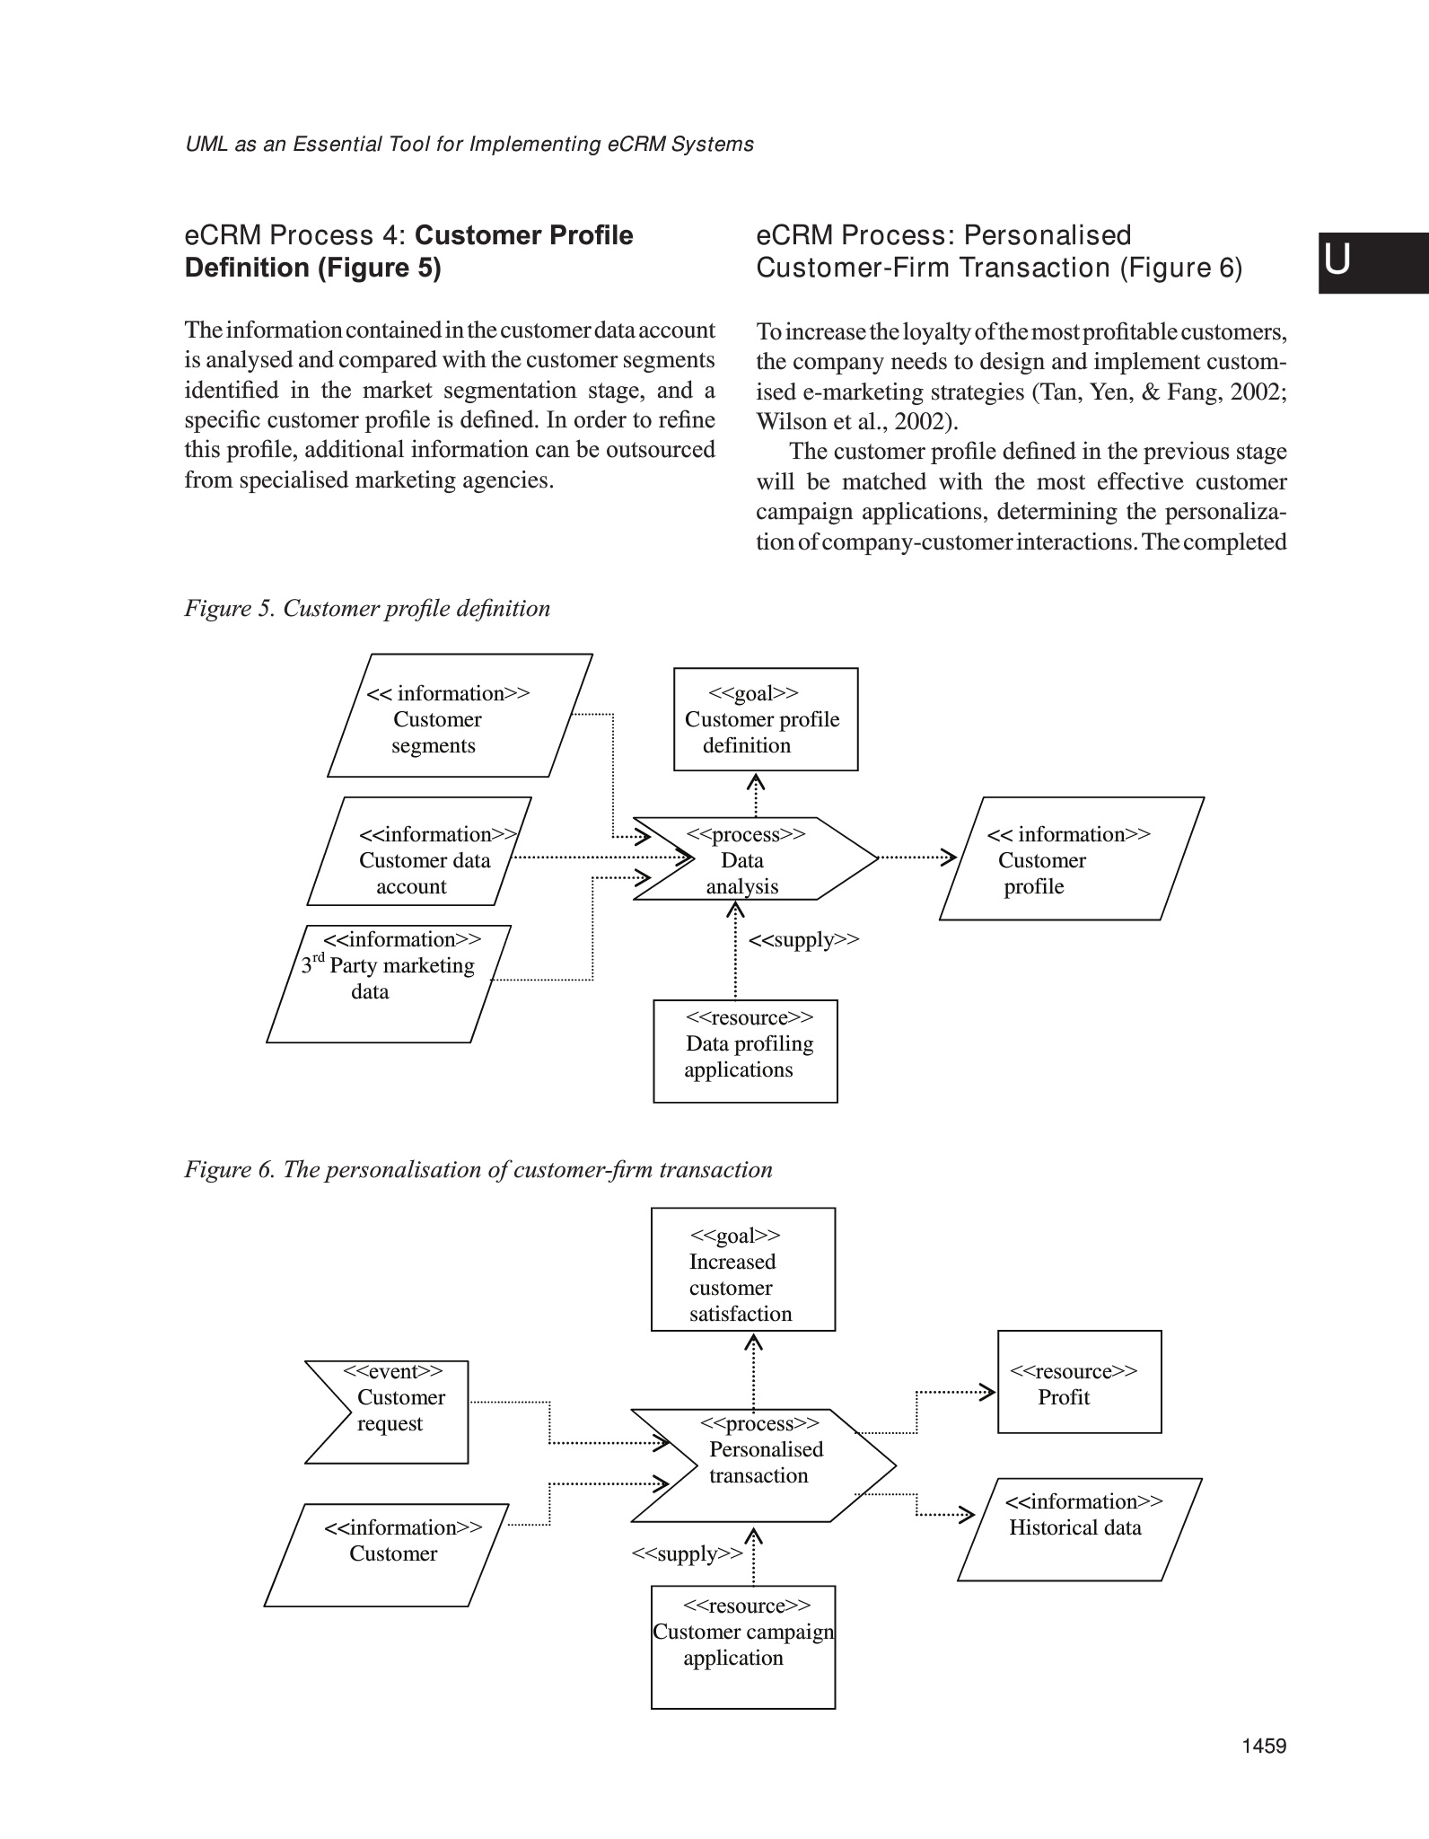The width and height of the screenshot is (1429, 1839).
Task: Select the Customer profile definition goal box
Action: [x=766, y=719]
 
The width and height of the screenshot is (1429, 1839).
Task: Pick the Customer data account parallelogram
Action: [x=419, y=852]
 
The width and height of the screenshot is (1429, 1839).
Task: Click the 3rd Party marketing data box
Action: [x=389, y=984]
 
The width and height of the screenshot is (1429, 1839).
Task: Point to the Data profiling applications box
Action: [x=745, y=1051]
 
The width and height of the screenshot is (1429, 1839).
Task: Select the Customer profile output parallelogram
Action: [x=1071, y=859]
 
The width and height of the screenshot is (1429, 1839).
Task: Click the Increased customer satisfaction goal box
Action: [x=742, y=1269]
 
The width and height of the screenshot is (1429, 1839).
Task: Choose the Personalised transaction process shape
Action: [x=763, y=1465]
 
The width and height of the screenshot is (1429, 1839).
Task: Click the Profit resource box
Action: [x=1079, y=1382]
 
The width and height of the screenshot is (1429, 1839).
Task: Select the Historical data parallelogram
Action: [x=1079, y=1529]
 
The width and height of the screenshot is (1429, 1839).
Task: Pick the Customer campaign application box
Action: [x=743, y=1647]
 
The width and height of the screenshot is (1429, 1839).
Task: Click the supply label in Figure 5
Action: [x=803, y=940]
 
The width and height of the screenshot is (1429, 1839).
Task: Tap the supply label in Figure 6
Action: [x=687, y=1554]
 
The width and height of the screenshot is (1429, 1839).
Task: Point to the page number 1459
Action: [x=1264, y=1746]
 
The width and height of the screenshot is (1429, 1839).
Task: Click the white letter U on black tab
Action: [x=1337, y=260]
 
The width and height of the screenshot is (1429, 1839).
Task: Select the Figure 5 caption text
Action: [x=367, y=609]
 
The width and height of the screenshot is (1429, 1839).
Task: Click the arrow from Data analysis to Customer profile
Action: [x=916, y=857]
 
